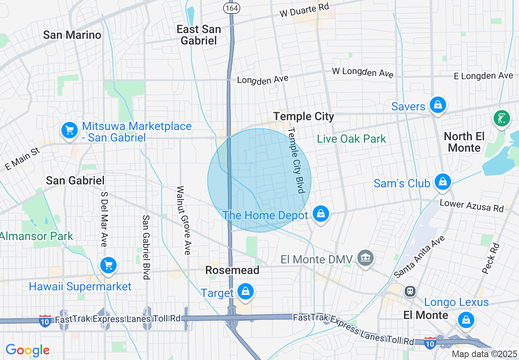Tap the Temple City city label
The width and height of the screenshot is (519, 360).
304,117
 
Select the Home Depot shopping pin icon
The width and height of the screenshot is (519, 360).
321,214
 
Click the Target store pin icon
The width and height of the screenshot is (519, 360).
245,292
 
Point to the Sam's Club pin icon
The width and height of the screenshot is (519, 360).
442,182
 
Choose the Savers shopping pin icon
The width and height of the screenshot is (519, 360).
438,106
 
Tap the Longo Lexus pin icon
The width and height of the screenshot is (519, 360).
466,320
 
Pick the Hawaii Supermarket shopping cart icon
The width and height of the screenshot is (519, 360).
108,266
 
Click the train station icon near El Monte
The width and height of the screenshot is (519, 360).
410,291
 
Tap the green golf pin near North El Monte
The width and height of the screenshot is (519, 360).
502,119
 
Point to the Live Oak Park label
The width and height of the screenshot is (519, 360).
352,139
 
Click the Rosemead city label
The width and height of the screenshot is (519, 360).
232,270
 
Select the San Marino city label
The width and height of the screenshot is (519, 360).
72,35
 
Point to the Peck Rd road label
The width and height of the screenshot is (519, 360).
491,258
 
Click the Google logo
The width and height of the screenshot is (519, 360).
27,350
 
